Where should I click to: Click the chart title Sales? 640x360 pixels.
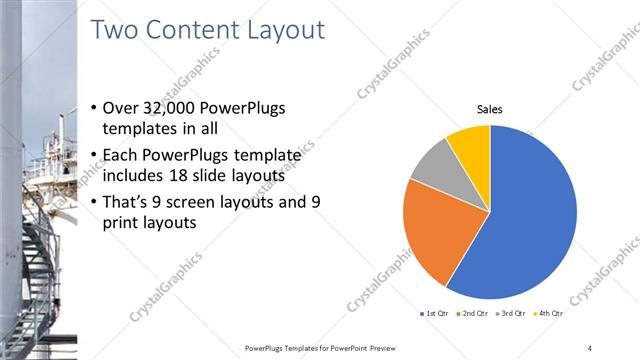click(489, 109)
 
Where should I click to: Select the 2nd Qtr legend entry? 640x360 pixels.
click(472, 314)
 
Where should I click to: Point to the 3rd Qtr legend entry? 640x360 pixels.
click(511, 314)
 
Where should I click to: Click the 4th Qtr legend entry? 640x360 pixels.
click(549, 314)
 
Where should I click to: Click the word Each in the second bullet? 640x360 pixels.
click(122, 154)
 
